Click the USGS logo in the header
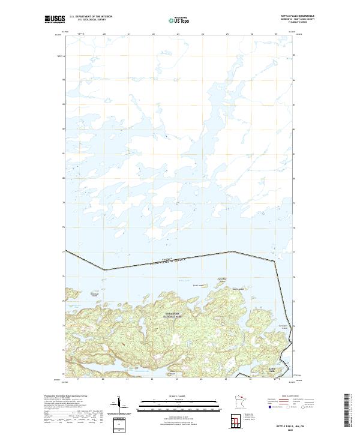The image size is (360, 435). (56, 19)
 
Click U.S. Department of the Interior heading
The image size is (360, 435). (91, 16)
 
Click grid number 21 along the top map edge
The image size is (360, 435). (128, 35)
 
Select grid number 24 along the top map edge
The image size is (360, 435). (202, 35)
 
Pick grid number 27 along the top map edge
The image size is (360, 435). (275, 35)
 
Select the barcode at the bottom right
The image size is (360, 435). (347, 411)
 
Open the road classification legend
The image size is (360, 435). (291, 402)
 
